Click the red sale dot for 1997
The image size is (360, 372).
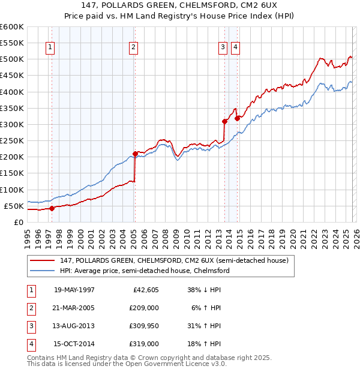(x=52, y=208)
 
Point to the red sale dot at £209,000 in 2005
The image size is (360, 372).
(x=135, y=154)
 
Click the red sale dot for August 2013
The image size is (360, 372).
(x=224, y=121)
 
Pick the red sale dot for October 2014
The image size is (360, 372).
(x=237, y=118)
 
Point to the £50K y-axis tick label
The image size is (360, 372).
(x=14, y=206)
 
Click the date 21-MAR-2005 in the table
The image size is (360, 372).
(x=74, y=307)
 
